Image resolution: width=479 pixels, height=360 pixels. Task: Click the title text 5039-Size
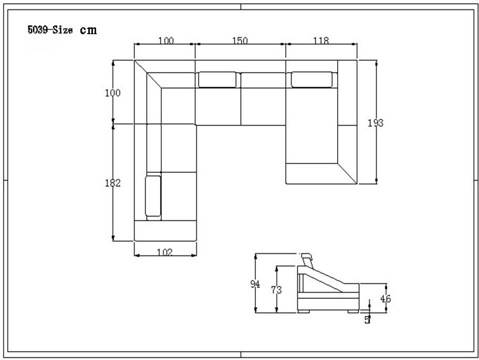point(50,30)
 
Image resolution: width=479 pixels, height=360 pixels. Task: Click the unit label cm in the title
point(88,30)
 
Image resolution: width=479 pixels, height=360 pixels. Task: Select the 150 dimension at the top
point(240,40)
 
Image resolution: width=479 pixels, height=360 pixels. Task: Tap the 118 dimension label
point(321,40)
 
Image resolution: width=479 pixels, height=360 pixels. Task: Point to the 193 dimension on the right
point(376,123)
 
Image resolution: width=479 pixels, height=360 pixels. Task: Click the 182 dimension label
point(113,183)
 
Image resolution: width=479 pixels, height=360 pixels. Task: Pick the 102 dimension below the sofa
point(165,252)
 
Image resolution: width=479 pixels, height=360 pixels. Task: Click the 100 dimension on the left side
point(113,92)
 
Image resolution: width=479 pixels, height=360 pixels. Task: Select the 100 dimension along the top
point(166,40)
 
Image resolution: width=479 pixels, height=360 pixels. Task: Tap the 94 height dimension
point(255,284)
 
